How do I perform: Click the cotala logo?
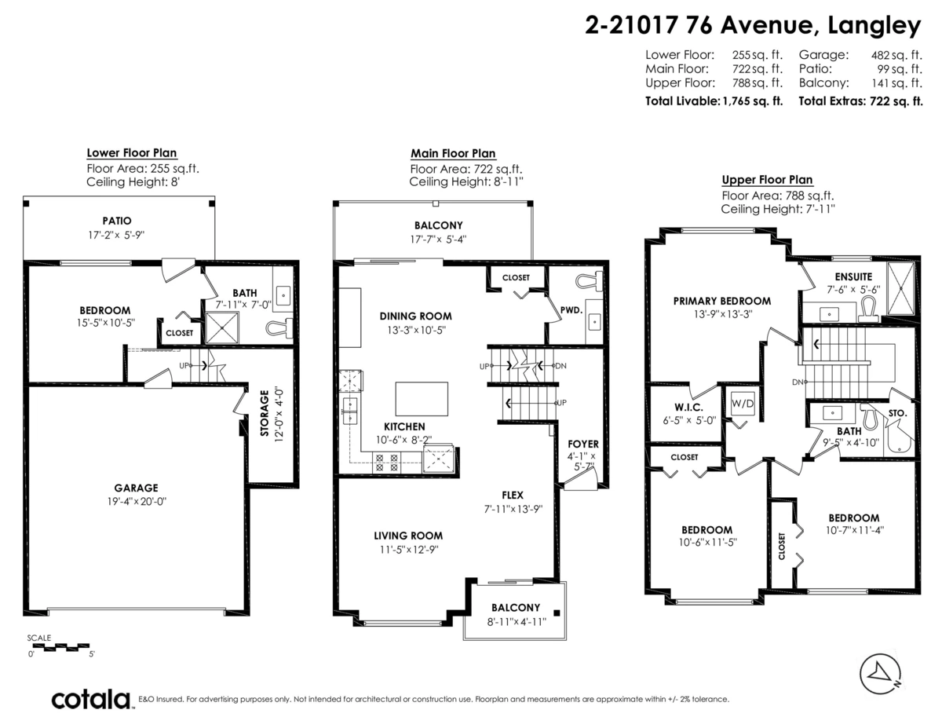(x=91, y=699)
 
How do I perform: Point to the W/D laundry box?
(x=742, y=404)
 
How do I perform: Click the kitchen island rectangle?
(x=422, y=398)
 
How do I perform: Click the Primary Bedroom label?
(x=722, y=301)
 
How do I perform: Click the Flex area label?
(x=513, y=496)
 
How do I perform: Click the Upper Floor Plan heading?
(x=767, y=180)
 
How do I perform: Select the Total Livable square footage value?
(x=752, y=101)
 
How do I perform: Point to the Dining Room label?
(x=415, y=316)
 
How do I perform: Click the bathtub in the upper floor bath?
(x=898, y=434)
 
